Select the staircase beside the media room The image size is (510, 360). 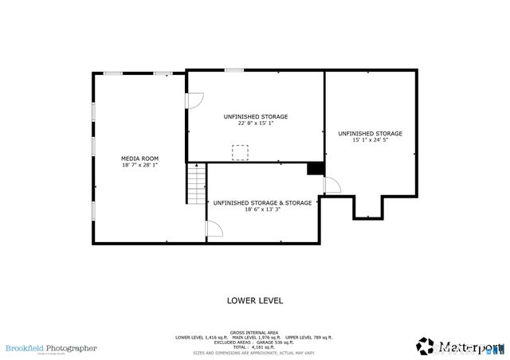point(196,184)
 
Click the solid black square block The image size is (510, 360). point(316,168)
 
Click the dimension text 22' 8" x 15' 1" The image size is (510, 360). point(255,123)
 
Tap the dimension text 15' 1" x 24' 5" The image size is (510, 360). point(370,140)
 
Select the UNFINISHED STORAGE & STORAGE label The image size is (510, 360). point(262,202)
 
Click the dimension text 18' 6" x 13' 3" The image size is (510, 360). point(262,209)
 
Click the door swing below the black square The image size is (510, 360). point(331,186)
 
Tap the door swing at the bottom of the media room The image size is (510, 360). point(214,229)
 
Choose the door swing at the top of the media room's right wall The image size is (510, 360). point(194,101)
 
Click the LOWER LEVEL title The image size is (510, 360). point(255,300)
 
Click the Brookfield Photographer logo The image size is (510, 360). point(51,348)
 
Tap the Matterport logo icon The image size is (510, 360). point(426,346)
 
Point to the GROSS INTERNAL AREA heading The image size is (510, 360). point(254,332)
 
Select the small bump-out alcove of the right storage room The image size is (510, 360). point(368,207)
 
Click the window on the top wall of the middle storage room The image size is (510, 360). point(233,71)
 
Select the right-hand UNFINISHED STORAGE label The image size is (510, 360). point(370,133)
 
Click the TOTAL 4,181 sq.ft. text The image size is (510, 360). point(254,347)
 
